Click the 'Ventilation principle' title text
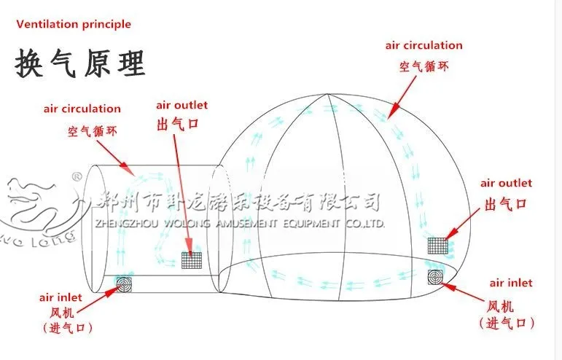click(74, 24)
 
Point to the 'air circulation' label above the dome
click(424, 45)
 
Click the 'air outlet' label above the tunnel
click(182, 105)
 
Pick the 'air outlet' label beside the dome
click(505, 183)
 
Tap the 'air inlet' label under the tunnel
click(61, 297)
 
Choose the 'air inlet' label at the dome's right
click(511, 282)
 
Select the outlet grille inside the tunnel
click(192, 260)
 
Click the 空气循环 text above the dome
click(424, 66)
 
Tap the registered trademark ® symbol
click(75, 176)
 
